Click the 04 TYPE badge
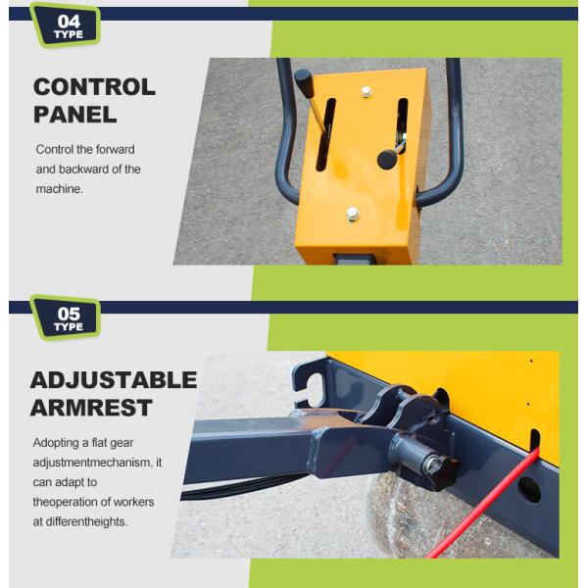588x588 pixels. pos(66,24)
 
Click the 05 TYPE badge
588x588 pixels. pos(66,318)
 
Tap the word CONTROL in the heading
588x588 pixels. pos(94,87)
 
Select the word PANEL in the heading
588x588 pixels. pos(75,115)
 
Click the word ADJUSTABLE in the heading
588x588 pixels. pos(114,380)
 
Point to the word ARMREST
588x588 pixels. pos(91,408)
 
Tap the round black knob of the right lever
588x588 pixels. pos(387,159)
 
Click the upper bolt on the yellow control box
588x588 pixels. pos(367,92)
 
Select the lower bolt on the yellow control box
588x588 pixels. pos(353,214)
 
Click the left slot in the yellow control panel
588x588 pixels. pos(325,134)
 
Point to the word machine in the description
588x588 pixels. pos(59,189)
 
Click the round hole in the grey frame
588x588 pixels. pos(529,490)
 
